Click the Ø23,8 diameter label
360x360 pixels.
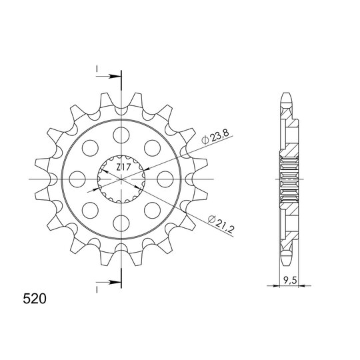coord(215,138)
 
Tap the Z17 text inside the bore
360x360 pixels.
coord(123,167)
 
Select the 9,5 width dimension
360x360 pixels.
coord(290,280)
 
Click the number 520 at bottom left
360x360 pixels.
coord(35,299)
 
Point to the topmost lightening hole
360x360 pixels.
coord(121,135)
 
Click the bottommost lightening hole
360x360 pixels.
coord(121,223)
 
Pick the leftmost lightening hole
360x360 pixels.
coord(77,179)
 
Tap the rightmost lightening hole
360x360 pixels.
coord(165,179)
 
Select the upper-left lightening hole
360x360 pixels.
coord(90,148)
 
